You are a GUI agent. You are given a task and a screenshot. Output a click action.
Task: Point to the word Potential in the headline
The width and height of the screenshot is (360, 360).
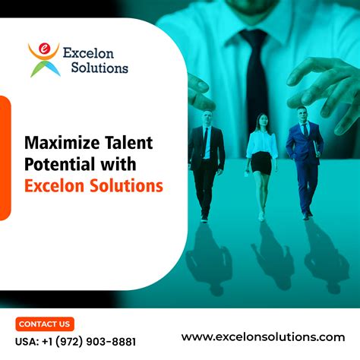tap(58, 163)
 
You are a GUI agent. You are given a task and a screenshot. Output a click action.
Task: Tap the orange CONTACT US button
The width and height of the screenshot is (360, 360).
tap(44, 324)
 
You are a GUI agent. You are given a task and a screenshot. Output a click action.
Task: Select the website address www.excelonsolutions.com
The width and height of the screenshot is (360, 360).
tap(263, 336)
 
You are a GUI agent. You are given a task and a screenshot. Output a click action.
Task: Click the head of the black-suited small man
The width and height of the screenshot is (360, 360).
tap(207, 118)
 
